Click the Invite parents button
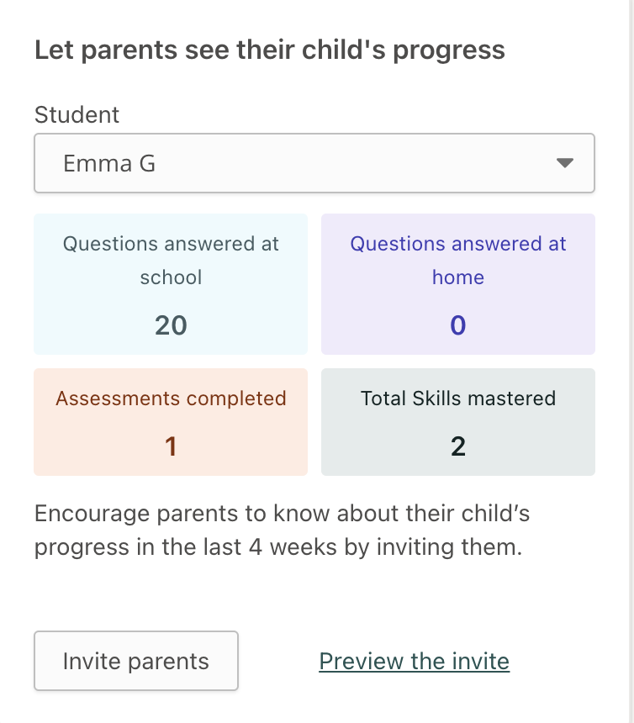136,661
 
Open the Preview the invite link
414,662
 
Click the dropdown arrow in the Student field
564,163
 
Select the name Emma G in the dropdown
108,164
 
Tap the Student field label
77,114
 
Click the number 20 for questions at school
171,325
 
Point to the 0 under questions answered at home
458,325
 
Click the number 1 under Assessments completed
171,446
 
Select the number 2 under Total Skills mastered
458,446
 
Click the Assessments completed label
171,398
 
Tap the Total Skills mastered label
458,398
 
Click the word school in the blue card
171,277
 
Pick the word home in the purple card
458,277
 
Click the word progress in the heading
449,50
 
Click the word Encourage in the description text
92,515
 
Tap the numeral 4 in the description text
256,547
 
